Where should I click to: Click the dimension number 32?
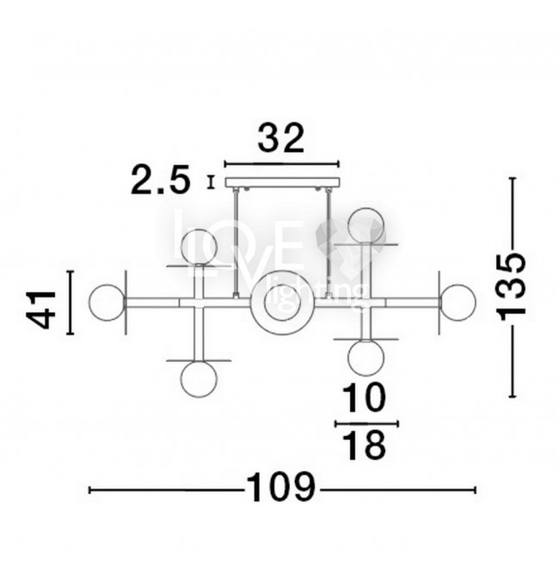click(x=281, y=138)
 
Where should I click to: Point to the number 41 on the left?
click(x=41, y=310)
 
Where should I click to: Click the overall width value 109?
click(x=281, y=487)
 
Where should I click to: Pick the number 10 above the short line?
click(x=364, y=397)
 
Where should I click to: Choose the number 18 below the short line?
click(x=364, y=444)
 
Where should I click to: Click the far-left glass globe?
click(x=107, y=303)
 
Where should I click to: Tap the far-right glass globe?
click(x=458, y=303)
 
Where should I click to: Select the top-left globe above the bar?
click(x=199, y=248)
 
